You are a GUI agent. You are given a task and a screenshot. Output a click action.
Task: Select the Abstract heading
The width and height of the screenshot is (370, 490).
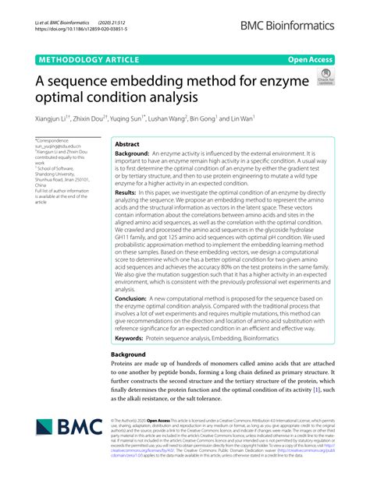pyautogui.click(x=127, y=145)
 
